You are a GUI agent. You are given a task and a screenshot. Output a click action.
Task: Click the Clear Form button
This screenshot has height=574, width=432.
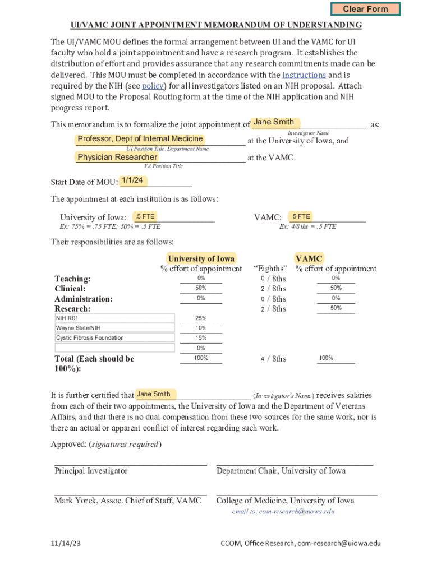pos(365,9)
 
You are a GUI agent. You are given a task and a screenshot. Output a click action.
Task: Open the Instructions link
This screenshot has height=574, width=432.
pos(304,75)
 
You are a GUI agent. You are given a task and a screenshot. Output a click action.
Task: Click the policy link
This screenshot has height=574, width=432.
pos(152,86)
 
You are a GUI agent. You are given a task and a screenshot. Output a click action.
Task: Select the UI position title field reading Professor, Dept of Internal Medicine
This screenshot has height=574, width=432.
pos(140,139)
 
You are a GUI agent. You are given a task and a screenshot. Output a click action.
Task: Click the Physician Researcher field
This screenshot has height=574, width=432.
pos(117,158)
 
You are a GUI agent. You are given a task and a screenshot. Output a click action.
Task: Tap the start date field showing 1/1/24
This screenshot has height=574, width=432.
pos(132,180)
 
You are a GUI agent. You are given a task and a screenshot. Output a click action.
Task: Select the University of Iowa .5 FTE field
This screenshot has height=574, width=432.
pos(145,216)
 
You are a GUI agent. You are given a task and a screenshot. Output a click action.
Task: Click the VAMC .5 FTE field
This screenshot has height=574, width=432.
pos(301,216)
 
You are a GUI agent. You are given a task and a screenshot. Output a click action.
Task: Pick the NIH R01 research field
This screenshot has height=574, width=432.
pos(114,318)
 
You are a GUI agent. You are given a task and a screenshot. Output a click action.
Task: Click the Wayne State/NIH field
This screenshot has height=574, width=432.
pos(114,328)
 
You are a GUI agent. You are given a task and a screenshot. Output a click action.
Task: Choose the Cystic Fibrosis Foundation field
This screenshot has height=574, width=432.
pos(114,338)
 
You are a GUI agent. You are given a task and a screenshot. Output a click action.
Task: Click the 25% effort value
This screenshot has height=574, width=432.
pos(201,318)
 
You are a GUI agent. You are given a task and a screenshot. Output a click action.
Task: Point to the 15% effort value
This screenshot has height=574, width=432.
pos(201,338)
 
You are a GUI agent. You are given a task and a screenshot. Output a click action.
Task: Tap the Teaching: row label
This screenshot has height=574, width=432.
pos(72,279)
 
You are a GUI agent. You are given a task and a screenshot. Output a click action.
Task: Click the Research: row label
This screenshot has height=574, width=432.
pos(72,309)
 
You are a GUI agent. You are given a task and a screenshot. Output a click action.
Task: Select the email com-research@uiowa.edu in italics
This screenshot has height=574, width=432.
pos(283,512)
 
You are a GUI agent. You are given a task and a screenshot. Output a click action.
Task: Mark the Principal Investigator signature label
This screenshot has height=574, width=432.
pos(91,471)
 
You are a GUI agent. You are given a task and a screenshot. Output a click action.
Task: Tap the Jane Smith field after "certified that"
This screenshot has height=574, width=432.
pos(154,394)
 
